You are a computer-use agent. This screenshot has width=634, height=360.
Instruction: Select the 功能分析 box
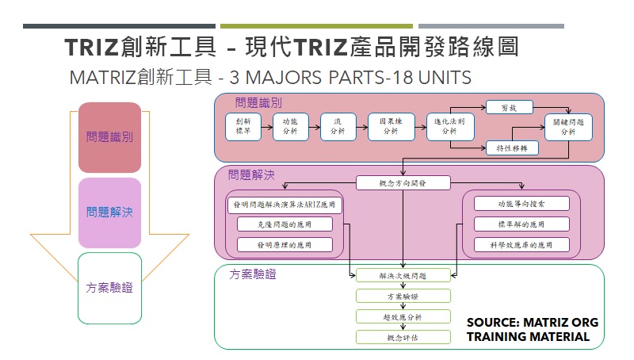(290, 128)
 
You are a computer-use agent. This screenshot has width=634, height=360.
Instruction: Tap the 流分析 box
(338, 128)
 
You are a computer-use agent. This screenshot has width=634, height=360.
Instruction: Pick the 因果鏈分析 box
(391, 128)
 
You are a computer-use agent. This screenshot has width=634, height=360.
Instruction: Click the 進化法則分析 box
(449, 128)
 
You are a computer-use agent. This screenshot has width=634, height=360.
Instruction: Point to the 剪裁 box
(509, 107)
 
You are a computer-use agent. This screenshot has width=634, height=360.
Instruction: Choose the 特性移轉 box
(512, 148)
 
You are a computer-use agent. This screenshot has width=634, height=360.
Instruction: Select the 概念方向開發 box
(403, 183)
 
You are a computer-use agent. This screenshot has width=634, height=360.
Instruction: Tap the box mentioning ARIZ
(285, 205)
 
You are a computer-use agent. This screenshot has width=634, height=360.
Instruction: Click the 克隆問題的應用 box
(285, 224)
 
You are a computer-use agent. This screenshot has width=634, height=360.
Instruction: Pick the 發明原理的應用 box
(285, 245)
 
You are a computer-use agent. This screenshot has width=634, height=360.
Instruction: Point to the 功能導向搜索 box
(521, 205)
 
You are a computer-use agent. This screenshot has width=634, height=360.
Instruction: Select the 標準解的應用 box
(521, 224)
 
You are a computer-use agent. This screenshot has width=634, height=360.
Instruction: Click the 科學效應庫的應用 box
(521, 245)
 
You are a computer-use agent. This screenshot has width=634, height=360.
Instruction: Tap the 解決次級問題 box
(403, 276)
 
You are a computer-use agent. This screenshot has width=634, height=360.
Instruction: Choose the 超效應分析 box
(403, 316)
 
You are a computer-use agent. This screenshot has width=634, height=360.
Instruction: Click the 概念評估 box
(403, 337)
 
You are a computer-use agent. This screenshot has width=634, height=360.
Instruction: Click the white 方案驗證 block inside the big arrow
(109, 288)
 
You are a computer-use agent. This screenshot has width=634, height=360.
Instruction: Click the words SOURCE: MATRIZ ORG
(532, 323)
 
